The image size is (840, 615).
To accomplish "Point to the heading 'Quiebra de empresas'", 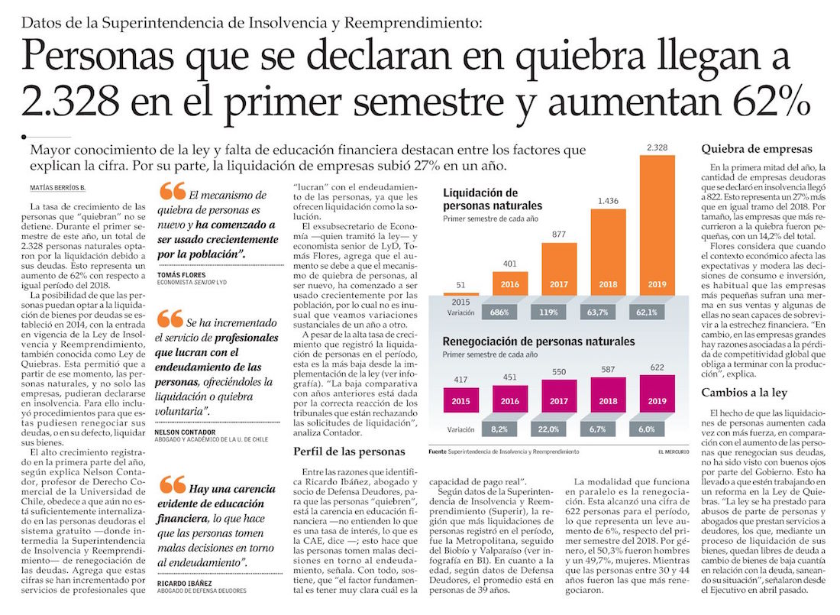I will [756, 148].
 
